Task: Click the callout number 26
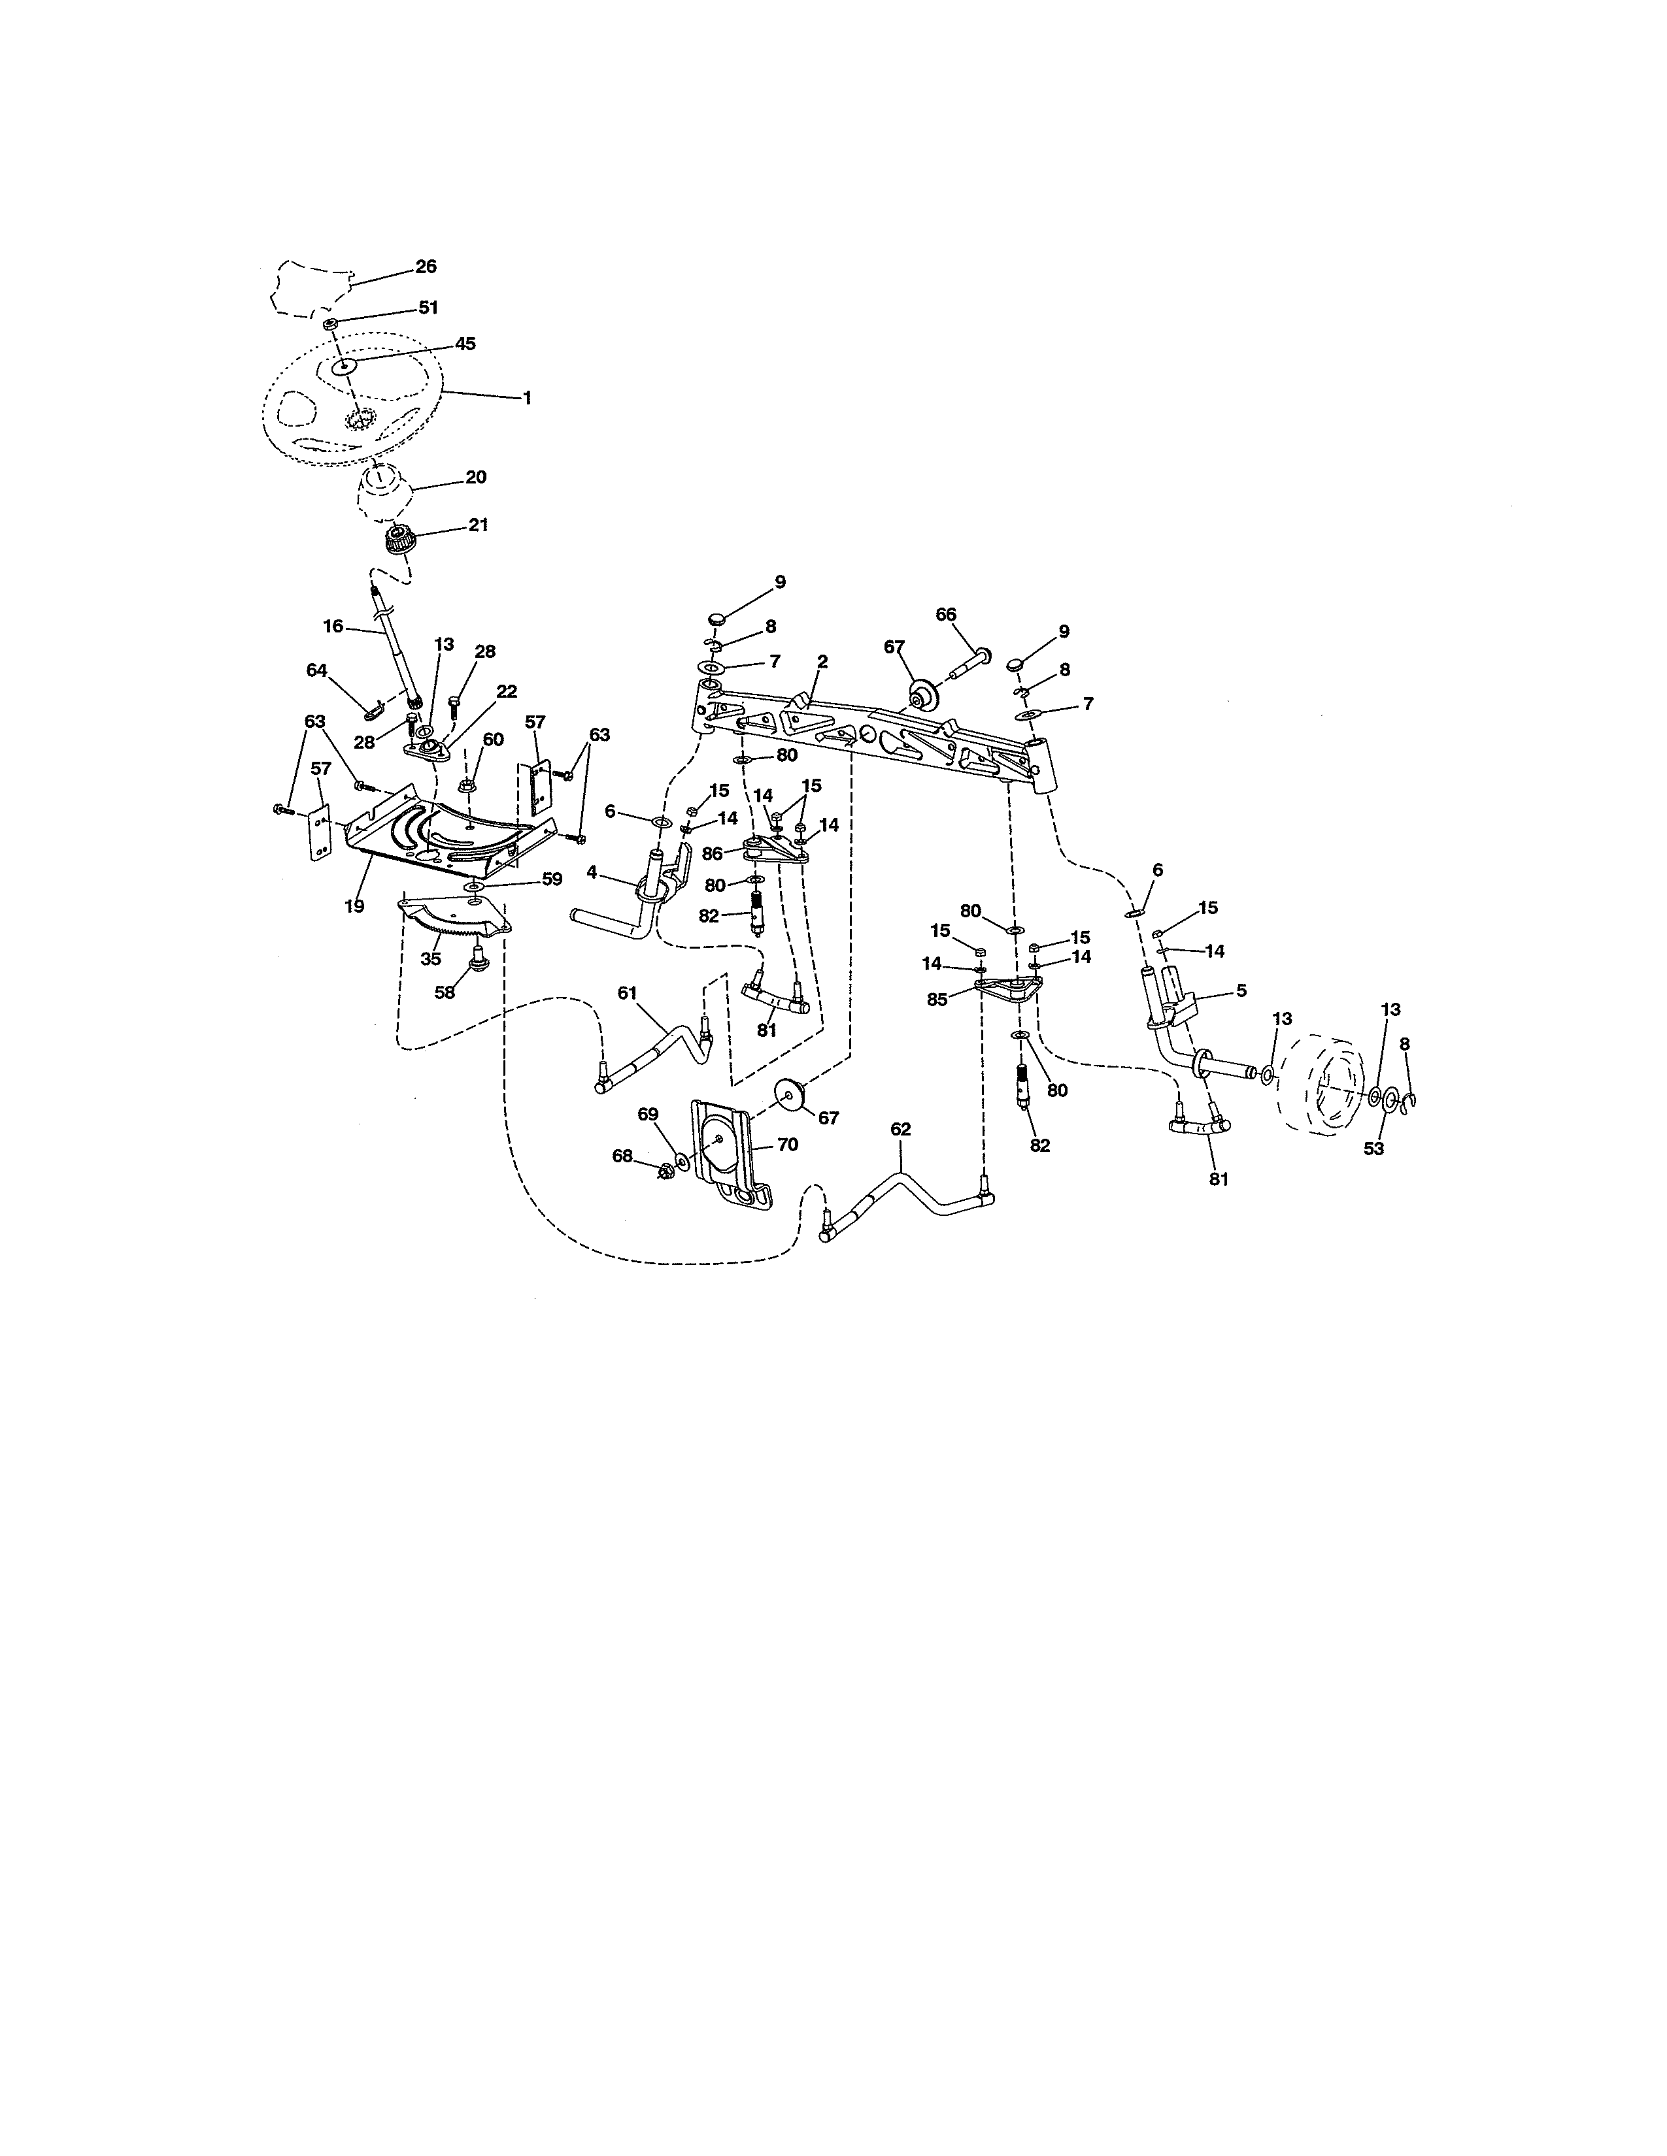426,267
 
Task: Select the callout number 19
354,906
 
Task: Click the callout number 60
493,740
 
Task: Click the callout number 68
622,1155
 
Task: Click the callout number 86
712,854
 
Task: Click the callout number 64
316,670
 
